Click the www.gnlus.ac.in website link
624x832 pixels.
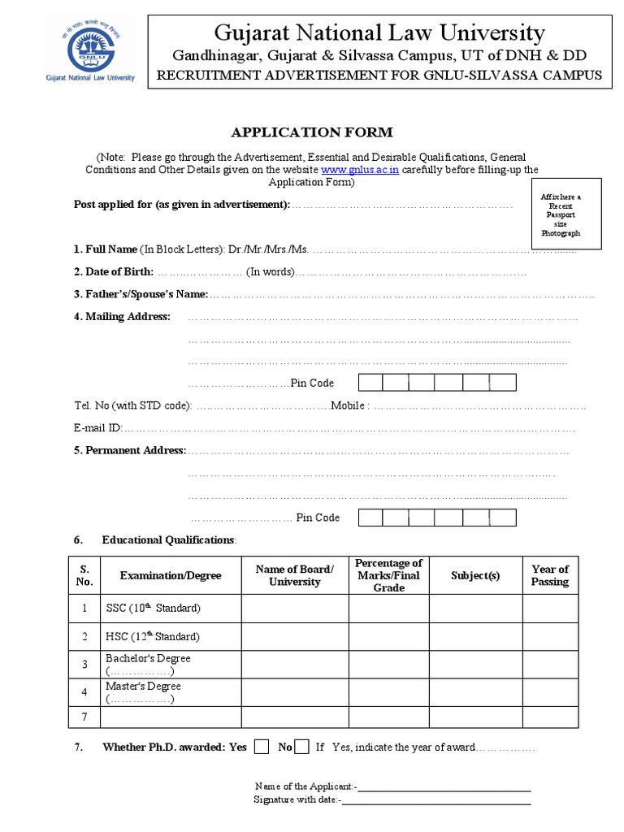point(360,170)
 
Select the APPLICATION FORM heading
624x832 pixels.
point(312,132)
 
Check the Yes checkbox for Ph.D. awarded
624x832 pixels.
point(262,747)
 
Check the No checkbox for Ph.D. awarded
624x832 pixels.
point(301,747)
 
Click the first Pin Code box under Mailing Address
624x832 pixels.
point(370,383)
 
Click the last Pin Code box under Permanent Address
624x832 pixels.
point(503,518)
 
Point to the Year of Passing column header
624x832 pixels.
point(550,575)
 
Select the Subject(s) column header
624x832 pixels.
point(475,575)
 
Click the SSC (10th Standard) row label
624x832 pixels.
point(153,608)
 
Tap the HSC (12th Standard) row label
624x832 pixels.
point(153,636)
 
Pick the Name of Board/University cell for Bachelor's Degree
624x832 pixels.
point(295,665)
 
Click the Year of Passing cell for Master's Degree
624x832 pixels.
point(550,693)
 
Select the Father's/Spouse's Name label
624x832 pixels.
point(141,294)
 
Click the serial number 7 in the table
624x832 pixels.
point(84,717)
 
